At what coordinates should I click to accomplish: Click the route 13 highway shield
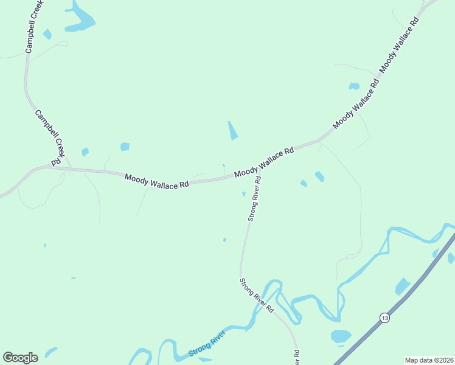(384, 318)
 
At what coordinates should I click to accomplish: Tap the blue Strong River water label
(207, 344)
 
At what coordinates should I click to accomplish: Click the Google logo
(20, 358)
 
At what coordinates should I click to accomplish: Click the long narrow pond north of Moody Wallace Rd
(232, 130)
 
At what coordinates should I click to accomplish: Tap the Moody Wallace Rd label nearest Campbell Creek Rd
(156, 181)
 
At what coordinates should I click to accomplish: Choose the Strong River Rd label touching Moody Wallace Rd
(254, 198)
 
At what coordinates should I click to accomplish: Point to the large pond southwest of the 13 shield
(341, 336)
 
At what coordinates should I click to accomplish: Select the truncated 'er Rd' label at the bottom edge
(296, 358)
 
